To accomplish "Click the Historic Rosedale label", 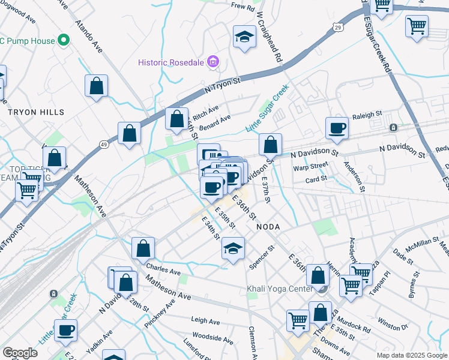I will (x=172, y=62).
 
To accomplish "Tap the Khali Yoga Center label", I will (x=280, y=289).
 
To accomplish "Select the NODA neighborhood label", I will (x=268, y=227).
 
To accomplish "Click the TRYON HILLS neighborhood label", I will (x=35, y=112).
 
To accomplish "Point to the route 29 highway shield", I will (x=339, y=28).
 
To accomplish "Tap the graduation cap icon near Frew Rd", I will (x=244, y=37).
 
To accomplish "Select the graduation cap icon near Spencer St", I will (x=233, y=247).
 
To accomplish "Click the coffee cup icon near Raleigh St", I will (x=337, y=127).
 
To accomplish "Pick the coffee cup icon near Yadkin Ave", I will (x=65, y=329).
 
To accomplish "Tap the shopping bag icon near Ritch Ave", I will (x=176, y=119).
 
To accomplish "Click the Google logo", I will (x=20, y=353).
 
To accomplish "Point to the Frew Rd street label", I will (x=243, y=7).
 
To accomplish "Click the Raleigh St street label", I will (x=367, y=115).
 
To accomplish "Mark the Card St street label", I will (x=316, y=178).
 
